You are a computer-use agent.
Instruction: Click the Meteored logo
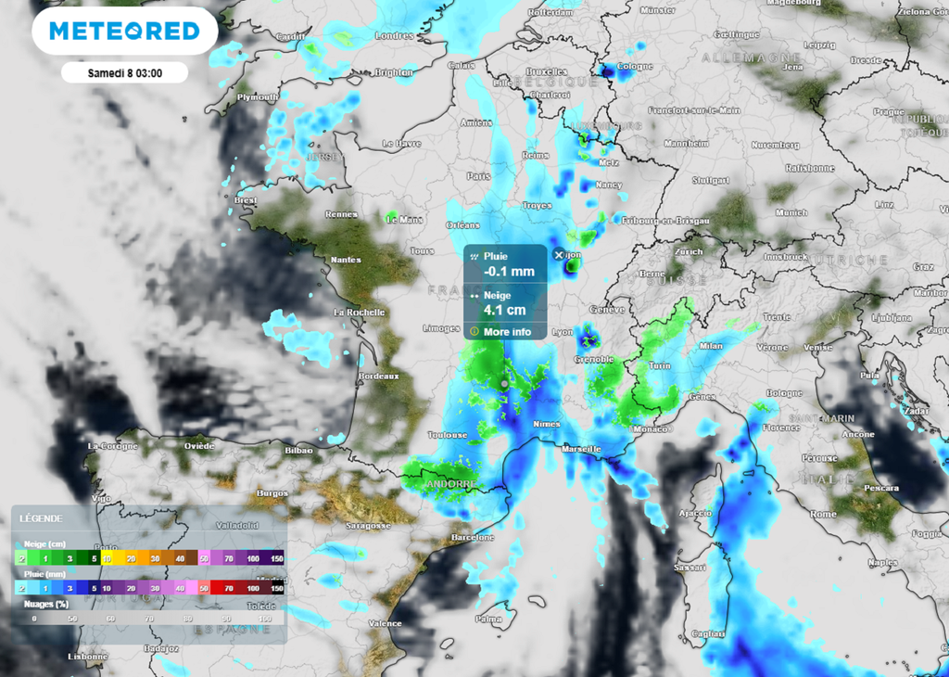point(124,31)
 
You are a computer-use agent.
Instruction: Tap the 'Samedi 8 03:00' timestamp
point(124,72)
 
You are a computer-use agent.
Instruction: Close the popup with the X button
point(558,255)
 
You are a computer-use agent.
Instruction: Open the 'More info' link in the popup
point(507,331)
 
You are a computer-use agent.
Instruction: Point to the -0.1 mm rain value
point(509,272)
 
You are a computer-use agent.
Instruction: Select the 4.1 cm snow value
point(505,310)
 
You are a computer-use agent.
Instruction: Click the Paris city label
point(478,175)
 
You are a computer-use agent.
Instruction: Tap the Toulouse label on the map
point(446,434)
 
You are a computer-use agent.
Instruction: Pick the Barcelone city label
point(472,537)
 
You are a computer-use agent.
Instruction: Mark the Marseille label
point(581,449)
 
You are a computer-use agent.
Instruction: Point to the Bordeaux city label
point(378,376)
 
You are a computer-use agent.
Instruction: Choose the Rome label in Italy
point(823,514)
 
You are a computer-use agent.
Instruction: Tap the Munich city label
point(791,212)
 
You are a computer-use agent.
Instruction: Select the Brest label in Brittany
point(246,199)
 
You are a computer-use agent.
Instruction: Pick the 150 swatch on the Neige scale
point(276,559)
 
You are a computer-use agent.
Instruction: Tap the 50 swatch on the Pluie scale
point(203,588)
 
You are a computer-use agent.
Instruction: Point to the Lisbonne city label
point(88,657)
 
